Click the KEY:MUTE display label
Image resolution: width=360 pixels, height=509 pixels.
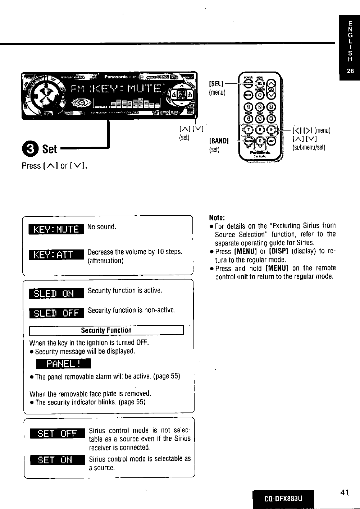point(56,229)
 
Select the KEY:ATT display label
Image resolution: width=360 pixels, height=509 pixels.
point(56,255)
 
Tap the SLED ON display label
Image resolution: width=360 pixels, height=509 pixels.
point(56,293)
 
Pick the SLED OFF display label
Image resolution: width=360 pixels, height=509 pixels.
point(56,313)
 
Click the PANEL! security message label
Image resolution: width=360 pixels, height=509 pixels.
point(64,364)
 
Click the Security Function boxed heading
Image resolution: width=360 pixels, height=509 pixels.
point(106,330)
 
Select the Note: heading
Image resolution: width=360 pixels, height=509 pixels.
point(217,217)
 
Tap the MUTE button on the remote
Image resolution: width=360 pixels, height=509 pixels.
point(247,95)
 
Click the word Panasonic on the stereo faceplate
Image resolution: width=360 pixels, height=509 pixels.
point(116,77)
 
